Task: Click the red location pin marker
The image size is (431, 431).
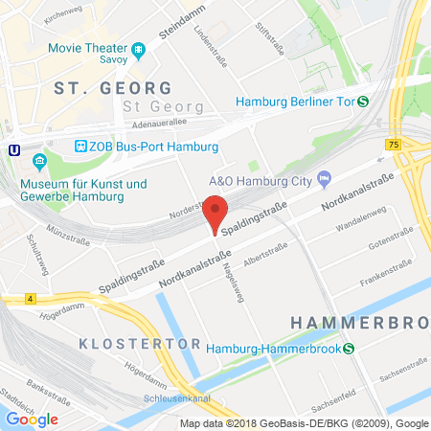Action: (x=215, y=212)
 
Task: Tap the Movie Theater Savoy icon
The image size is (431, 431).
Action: (x=139, y=48)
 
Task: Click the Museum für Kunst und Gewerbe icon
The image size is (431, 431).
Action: (x=39, y=160)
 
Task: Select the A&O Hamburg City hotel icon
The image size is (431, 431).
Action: (x=324, y=178)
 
